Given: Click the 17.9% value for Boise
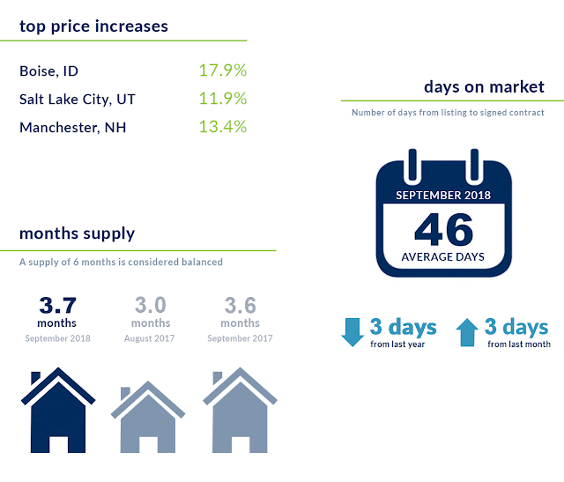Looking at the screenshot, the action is pyautogui.click(x=223, y=70).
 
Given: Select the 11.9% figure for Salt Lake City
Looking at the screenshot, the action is pyautogui.click(x=223, y=99).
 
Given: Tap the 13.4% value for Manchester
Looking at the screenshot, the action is pyautogui.click(x=223, y=127).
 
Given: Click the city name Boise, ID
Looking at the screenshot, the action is pyautogui.click(x=49, y=71).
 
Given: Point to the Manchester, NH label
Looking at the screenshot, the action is pyautogui.click(x=72, y=128).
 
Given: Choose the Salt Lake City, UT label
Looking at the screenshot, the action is pyautogui.click(x=78, y=100).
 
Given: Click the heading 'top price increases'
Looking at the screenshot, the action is pyautogui.click(x=93, y=26).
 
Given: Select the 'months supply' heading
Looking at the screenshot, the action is pyautogui.click(x=77, y=234).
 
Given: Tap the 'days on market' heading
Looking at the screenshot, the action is pyautogui.click(x=484, y=86).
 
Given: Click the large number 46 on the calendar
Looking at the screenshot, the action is pyautogui.click(x=444, y=229).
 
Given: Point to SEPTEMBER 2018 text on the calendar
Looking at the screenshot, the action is pyautogui.click(x=443, y=196).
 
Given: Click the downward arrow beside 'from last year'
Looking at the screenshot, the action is pyautogui.click(x=352, y=332).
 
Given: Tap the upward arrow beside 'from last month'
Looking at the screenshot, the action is pyautogui.click(x=467, y=332).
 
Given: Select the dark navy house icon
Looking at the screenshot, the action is pyautogui.click(x=58, y=410).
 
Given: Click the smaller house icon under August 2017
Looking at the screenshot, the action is pyautogui.click(x=148, y=417).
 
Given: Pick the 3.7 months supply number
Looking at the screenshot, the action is pyautogui.click(x=57, y=306).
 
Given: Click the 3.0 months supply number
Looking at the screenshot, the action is pyautogui.click(x=151, y=306).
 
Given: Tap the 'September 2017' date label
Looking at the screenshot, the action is pyautogui.click(x=240, y=338).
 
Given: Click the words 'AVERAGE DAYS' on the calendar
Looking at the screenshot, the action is pyautogui.click(x=442, y=256).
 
